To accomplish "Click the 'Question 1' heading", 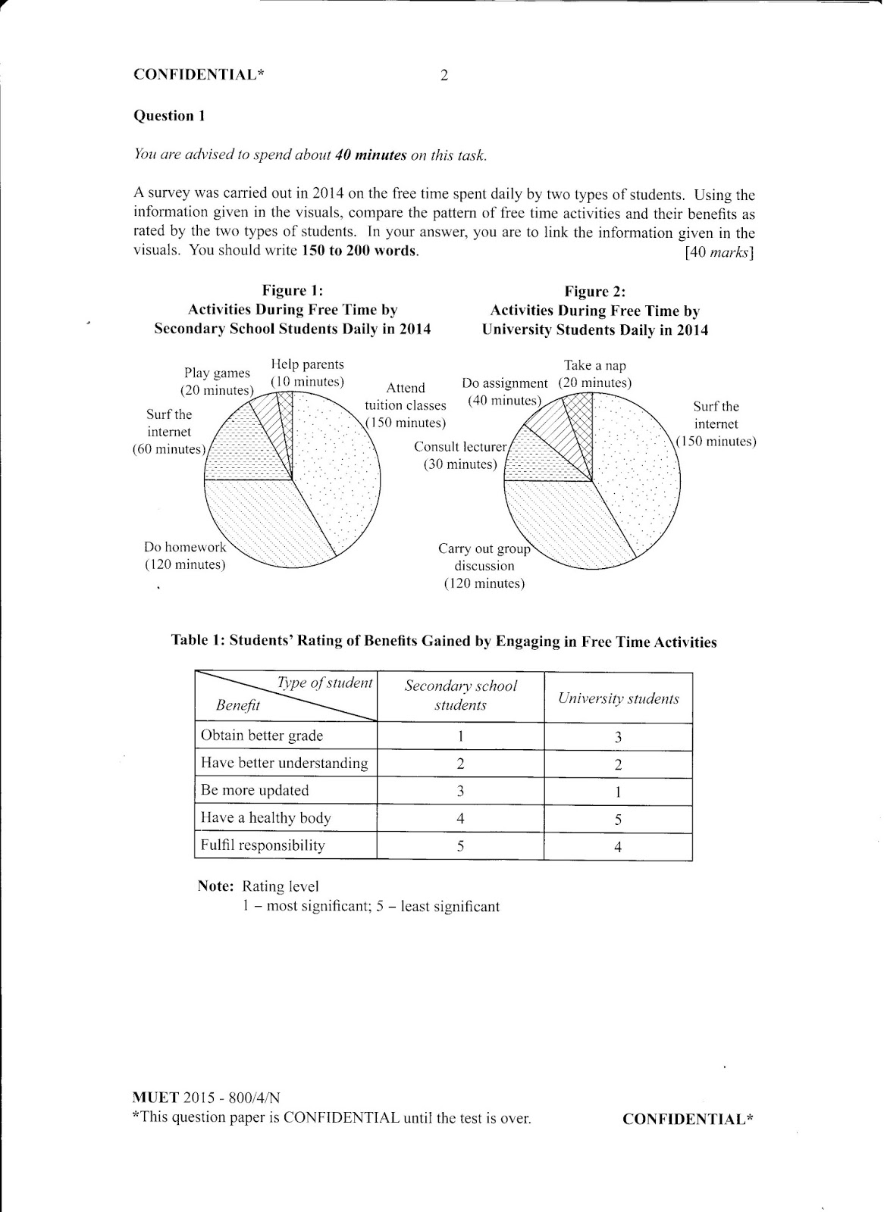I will coord(169,116).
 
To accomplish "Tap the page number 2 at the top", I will coord(444,75).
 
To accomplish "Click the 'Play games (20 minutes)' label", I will coord(217,382).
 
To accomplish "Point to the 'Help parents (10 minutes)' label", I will coord(307,373).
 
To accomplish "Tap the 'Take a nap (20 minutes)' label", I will coord(595,374).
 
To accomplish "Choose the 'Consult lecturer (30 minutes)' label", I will coord(460,455).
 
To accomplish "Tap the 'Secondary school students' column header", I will coord(460,695).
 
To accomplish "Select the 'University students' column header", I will coord(618,698).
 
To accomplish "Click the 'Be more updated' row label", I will coord(255,790).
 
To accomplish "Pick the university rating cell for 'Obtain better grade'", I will coord(618,737).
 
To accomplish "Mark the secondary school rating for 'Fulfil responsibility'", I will coord(460,845).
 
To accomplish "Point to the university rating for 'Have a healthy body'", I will coord(618,820).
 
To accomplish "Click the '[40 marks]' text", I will coord(718,252).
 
